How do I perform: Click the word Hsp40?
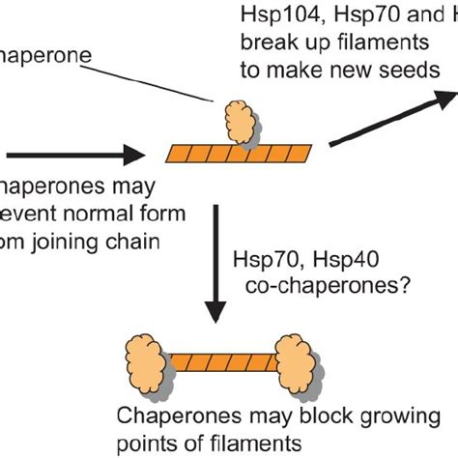coord(322,259)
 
